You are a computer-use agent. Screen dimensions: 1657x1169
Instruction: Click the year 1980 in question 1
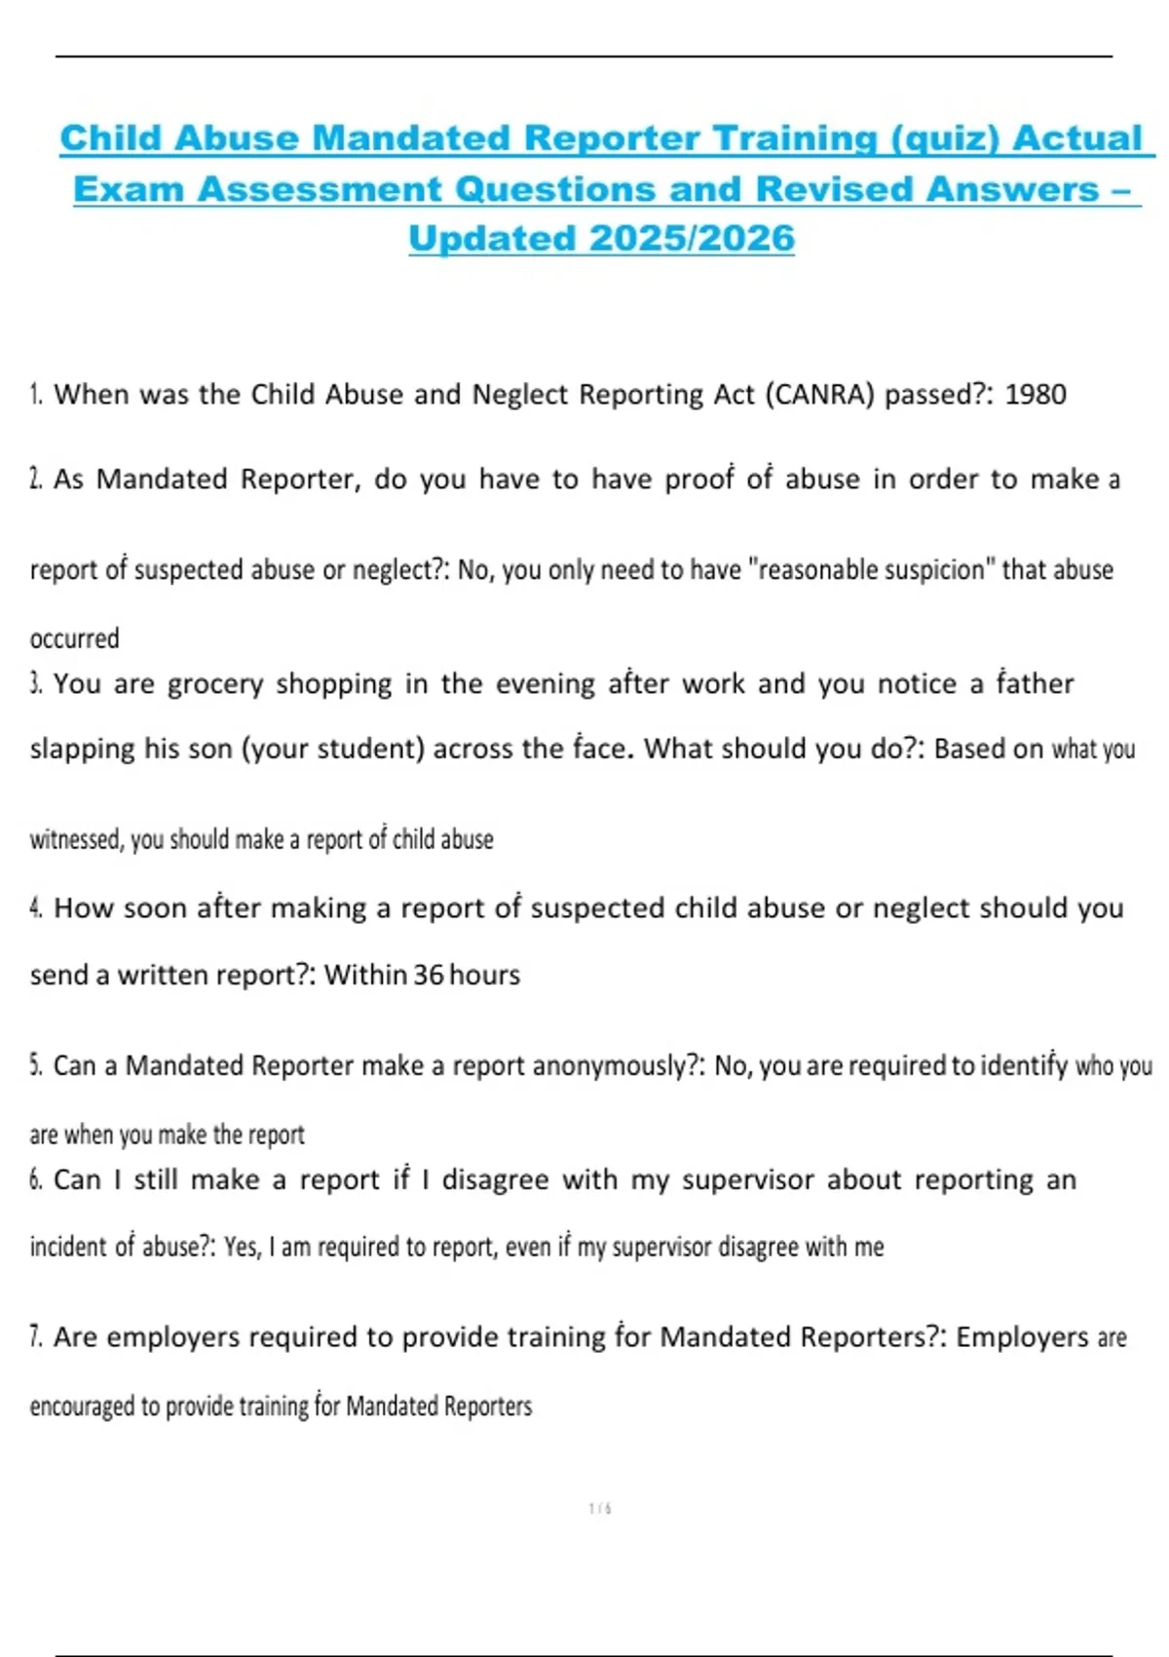[x=1035, y=395]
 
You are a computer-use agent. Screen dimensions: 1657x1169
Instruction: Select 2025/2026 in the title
[x=692, y=239]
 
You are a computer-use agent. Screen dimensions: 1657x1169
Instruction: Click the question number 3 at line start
[x=35, y=683]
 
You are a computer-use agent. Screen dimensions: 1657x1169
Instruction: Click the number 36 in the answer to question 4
[x=428, y=975]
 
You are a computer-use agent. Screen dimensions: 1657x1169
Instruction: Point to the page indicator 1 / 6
[x=600, y=1509]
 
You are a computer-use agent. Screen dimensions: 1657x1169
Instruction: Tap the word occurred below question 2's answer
[x=74, y=639]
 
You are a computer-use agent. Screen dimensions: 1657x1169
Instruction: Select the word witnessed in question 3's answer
[x=75, y=839]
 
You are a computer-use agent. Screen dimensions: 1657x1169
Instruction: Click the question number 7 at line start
[x=35, y=1336]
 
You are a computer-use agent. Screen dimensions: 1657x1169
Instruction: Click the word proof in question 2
[x=698, y=480]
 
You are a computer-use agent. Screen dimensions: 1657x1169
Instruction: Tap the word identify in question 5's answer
[x=1023, y=1066]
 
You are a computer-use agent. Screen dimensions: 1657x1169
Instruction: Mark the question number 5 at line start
[x=35, y=1065]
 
